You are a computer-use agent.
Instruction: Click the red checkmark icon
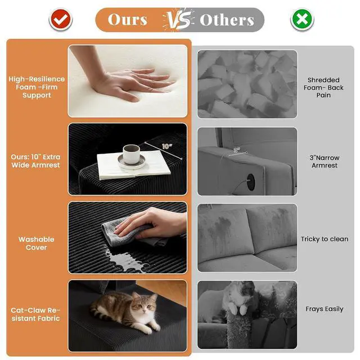coord(61,20)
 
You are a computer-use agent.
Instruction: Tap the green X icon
coord(302,20)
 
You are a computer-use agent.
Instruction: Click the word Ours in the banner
coord(128,20)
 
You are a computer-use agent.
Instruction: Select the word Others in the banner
coord(227,20)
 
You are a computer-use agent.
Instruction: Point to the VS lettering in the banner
coord(179,20)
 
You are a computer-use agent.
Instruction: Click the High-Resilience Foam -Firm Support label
coord(37,87)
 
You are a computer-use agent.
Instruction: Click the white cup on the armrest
coord(131,154)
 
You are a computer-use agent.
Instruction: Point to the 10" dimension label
coord(166,146)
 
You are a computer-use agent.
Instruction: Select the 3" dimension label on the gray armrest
coord(237,150)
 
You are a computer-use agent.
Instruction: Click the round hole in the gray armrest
coord(251,182)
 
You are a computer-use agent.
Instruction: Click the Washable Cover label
coord(36,244)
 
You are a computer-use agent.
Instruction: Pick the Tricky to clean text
coord(325,239)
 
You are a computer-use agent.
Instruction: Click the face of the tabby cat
coord(144,304)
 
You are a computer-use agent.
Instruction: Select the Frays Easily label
coord(325,309)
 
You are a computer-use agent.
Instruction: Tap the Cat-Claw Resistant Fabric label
coord(35,314)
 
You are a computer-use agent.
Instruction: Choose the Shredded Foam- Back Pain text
coord(323,88)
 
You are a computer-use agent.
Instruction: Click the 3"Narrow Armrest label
coord(325,161)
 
